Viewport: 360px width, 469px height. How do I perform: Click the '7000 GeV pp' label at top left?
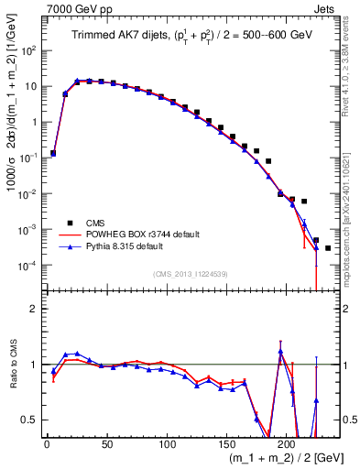tap(74, 8)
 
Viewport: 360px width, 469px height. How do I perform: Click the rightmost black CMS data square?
tap(328, 248)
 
